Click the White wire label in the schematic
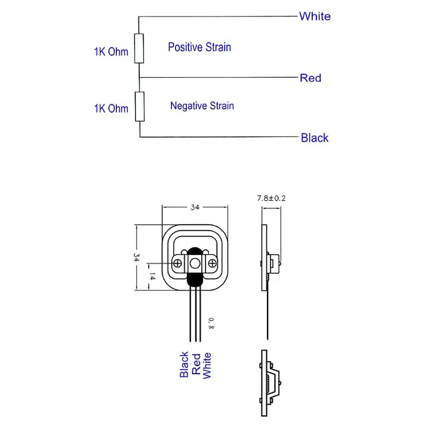pyautogui.click(x=314, y=16)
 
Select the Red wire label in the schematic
pyautogui.click(x=310, y=78)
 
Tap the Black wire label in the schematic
pyautogui.click(x=314, y=138)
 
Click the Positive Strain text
pyautogui.click(x=200, y=47)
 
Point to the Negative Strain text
pyautogui.click(x=202, y=106)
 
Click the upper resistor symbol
pyautogui.click(x=139, y=48)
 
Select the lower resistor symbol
pyautogui.click(x=139, y=106)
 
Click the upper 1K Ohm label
pyautogui.click(x=111, y=52)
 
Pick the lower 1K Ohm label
pyautogui.click(x=111, y=108)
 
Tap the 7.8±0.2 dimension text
pyautogui.click(x=272, y=198)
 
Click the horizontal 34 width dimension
pyautogui.click(x=194, y=208)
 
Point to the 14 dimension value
pyautogui.click(x=152, y=276)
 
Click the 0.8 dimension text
pyautogui.click(x=211, y=322)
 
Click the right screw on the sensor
pyautogui.click(x=212, y=263)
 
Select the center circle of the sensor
pyautogui.click(x=195, y=263)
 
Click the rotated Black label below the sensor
pyautogui.click(x=184, y=365)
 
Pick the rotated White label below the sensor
pyautogui.click(x=207, y=365)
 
